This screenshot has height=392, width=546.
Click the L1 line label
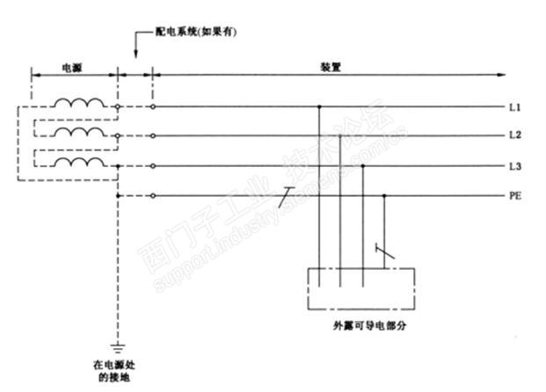pyautogui.click(x=514, y=107)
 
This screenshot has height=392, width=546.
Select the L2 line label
pyautogui.click(x=514, y=136)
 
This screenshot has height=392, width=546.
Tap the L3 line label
pyautogui.click(x=514, y=166)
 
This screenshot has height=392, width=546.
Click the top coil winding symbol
pyautogui.click(x=78, y=103)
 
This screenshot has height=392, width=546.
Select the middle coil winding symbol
pyautogui.click(x=78, y=133)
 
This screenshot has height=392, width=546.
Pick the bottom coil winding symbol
pyautogui.click(x=78, y=163)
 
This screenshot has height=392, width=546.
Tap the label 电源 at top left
pyautogui.click(x=74, y=67)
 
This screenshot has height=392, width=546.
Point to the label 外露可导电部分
pyautogui.click(x=360, y=324)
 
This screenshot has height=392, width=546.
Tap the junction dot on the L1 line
pyautogui.click(x=318, y=107)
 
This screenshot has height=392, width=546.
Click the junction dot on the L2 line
pyautogui.click(x=340, y=136)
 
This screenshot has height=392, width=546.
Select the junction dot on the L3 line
pyautogui.click(x=362, y=166)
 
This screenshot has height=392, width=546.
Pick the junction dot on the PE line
pyautogui.click(x=384, y=196)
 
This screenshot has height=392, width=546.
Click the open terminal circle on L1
pyautogui.click(x=154, y=107)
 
